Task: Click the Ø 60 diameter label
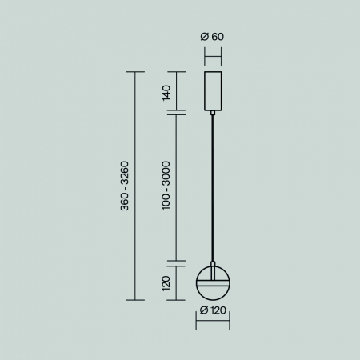tap(214, 37)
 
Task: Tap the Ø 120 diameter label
tap(214, 310)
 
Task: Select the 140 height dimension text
tap(166, 91)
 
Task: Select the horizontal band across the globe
tap(214, 282)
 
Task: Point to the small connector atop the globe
tap(214, 265)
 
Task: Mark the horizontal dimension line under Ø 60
tap(214, 55)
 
